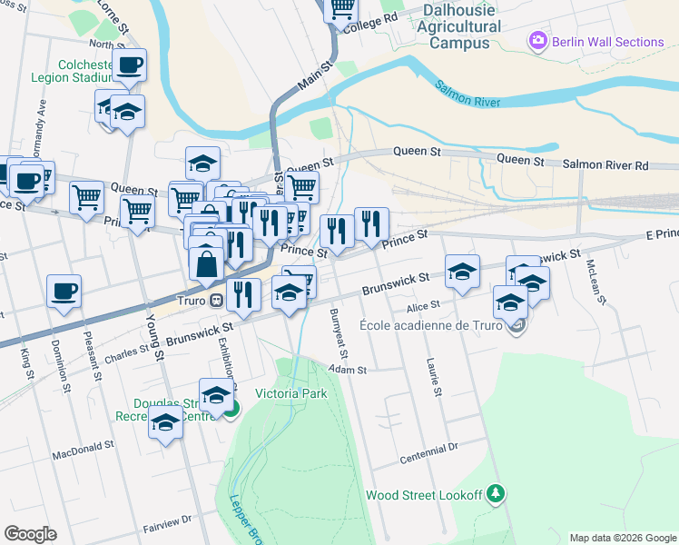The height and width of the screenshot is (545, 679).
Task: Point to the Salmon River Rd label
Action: (605, 164)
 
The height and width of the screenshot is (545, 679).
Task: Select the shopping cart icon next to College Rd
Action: (342, 8)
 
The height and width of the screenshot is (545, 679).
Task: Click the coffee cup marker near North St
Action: (129, 65)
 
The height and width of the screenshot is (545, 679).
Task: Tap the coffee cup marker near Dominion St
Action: (64, 292)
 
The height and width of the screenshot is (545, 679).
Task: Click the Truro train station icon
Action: (216, 301)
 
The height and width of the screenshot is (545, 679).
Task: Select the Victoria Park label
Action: (290, 393)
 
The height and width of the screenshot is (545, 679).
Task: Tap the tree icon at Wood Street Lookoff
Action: (495, 494)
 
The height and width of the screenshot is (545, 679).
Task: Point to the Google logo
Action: (30, 534)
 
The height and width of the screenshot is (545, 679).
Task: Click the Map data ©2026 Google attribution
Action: (623, 538)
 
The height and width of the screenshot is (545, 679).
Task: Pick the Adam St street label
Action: (348, 370)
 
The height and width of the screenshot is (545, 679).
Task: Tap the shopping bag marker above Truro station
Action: (206, 263)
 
